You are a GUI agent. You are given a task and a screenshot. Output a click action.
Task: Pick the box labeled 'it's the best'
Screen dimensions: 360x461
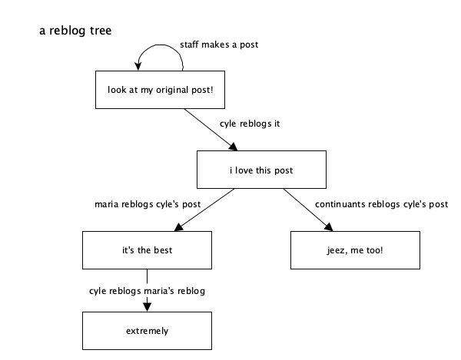pyautogui.click(x=147, y=250)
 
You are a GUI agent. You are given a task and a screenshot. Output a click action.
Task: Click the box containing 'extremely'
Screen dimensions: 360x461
pyautogui.click(x=147, y=331)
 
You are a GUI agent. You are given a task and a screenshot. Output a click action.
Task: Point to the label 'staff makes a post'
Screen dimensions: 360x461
pyautogui.click(x=218, y=45)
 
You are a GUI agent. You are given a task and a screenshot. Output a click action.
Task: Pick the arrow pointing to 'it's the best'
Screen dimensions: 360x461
pyautogui.click(x=205, y=210)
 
